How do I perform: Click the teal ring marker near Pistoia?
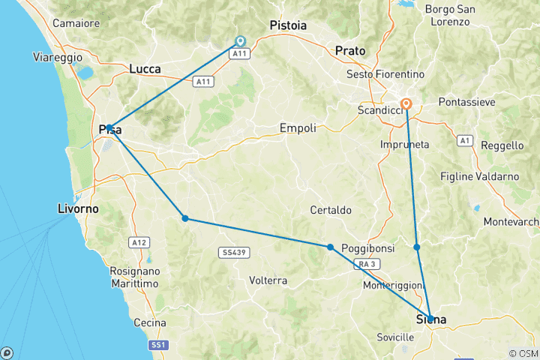pyautogui.click(x=240, y=41)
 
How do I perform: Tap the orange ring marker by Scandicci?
pyautogui.click(x=406, y=104)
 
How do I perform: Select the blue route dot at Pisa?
pyautogui.click(x=109, y=127)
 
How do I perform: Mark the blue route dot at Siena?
pyautogui.click(x=430, y=318)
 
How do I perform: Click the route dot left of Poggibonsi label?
pyautogui.click(x=330, y=247)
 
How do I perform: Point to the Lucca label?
pyautogui.click(x=145, y=69)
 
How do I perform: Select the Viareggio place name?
pyautogui.click(x=58, y=57)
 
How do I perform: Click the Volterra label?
pyautogui.click(x=268, y=280)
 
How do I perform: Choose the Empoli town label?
pyautogui.click(x=298, y=128)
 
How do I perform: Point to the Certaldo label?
pyautogui.click(x=331, y=210)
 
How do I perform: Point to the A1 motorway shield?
pyautogui.click(x=464, y=140)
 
